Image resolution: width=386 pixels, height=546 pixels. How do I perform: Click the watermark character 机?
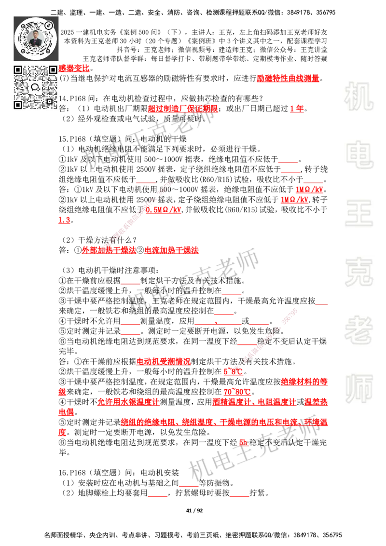click(x=358, y=96)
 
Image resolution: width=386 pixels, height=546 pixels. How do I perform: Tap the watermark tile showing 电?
click(x=360, y=154)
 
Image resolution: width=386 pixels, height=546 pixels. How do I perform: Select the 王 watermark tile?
click(x=358, y=214)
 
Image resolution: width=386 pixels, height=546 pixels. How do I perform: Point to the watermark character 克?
click(x=358, y=272)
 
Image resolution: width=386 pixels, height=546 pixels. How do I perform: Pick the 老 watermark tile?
click(x=358, y=330)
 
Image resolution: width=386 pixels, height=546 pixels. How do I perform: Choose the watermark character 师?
click(x=358, y=389)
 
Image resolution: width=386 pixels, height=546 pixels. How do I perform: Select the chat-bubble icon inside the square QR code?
click(x=36, y=87)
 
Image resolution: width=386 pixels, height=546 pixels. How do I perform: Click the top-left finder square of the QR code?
click(x=18, y=70)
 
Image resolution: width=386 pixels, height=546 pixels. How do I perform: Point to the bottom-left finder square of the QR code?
click(x=18, y=105)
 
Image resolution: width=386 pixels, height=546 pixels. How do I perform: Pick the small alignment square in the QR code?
click(x=49, y=101)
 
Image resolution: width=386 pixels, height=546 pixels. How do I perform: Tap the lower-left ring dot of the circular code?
click(x=21, y=51)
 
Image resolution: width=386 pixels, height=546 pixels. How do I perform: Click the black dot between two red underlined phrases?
click(x=140, y=250)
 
